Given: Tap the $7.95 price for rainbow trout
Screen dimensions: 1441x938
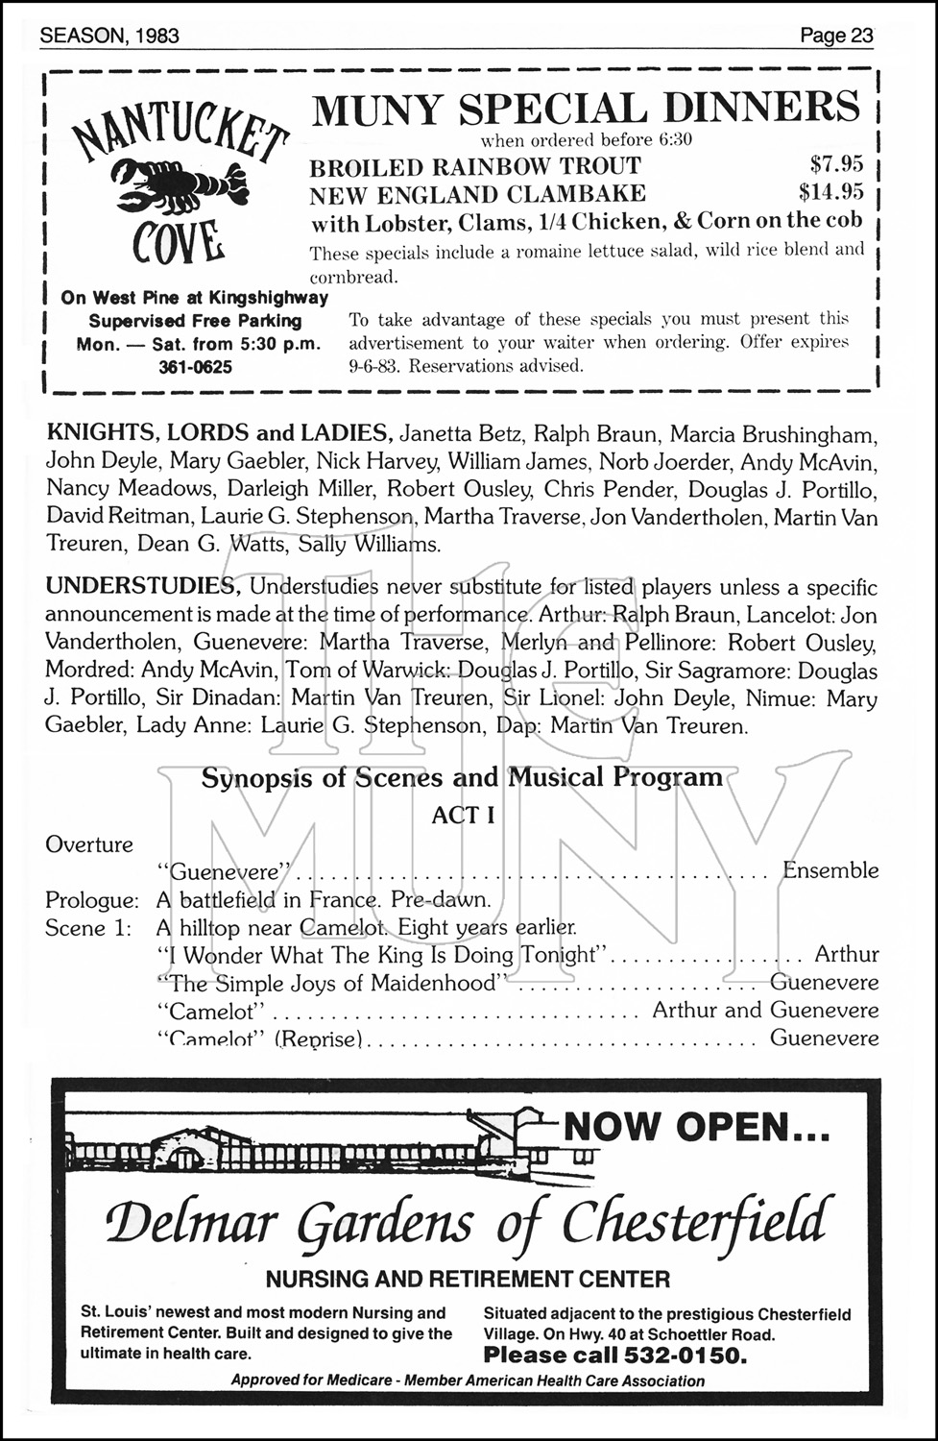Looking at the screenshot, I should [x=836, y=164].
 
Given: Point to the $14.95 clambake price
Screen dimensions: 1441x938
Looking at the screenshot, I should [x=830, y=192].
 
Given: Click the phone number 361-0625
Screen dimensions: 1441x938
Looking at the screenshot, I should [x=195, y=367].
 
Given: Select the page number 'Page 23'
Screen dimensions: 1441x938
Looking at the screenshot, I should [x=836, y=37].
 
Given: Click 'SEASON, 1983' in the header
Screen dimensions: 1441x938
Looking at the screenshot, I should [x=109, y=37].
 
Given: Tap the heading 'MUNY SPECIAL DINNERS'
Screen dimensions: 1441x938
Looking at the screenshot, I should [x=586, y=108].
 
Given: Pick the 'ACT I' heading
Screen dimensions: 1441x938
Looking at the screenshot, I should [x=463, y=815].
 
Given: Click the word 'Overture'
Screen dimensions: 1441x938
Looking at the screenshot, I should [x=89, y=844].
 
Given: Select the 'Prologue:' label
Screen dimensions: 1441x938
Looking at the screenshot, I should [x=92, y=900].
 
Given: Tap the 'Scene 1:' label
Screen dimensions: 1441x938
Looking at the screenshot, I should [x=88, y=928].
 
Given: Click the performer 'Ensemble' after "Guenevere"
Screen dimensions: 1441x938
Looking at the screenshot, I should [x=830, y=870].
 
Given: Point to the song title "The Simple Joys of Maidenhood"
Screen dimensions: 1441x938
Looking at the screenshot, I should [x=331, y=983].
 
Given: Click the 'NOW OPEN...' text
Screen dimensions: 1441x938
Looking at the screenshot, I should [x=696, y=1126].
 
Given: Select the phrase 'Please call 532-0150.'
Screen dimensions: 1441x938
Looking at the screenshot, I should [x=614, y=1356].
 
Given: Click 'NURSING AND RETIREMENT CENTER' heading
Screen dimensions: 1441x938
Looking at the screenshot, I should [x=468, y=1279].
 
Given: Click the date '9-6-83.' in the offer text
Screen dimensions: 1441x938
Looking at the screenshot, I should [x=373, y=366].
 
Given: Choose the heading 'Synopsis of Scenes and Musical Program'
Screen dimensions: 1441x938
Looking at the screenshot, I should [x=462, y=777].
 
